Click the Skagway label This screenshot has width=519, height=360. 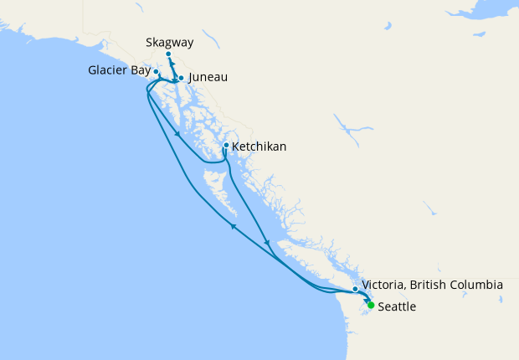point(169,41)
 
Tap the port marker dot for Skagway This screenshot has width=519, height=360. point(168,54)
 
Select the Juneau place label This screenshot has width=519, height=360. point(208,78)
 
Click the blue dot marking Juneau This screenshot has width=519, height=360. point(181,78)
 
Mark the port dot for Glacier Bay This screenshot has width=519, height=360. point(156,72)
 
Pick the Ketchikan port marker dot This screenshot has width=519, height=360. point(226,146)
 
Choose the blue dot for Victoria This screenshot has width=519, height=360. point(356,289)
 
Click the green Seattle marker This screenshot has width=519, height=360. point(371,305)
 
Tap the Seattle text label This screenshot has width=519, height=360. point(397,307)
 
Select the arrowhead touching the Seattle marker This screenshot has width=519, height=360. point(365,300)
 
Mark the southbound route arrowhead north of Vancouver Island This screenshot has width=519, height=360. point(267,243)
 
